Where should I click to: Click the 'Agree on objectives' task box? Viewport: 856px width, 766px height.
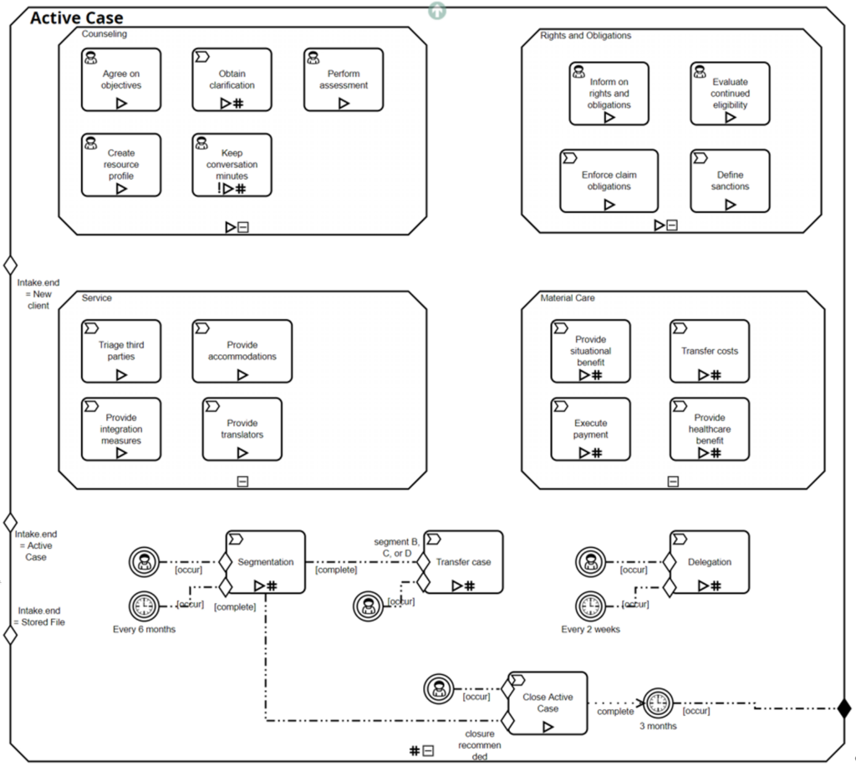(121, 79)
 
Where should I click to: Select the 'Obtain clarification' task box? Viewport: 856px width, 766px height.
(232, 79)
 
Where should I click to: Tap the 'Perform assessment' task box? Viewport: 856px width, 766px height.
(343, 79)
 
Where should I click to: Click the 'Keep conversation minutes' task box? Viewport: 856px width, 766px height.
(232, 165)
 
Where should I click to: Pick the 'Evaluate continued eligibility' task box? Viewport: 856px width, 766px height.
(730, 94)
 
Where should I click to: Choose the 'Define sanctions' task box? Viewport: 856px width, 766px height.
(730, 180)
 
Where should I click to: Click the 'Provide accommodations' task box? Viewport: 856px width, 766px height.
(242, 351)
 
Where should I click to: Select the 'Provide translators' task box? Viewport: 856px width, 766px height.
(242, 429)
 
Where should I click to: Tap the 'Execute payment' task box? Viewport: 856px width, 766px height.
(590, 429)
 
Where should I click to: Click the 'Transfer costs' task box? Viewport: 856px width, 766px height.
(710, 351)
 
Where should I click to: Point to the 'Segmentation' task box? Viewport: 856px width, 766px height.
(265, 562)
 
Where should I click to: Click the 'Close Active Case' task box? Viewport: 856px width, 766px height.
(548, 703)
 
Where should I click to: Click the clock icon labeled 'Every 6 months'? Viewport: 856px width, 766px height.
(144, 606)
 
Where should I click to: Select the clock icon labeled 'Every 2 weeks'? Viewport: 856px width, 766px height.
(590, 606)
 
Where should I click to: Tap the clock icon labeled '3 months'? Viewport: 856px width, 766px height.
(658, 703)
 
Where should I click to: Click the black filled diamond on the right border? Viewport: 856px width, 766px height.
(844, 709)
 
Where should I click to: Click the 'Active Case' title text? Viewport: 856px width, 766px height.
(76, 18)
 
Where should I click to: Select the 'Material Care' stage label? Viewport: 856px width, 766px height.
(568, 297)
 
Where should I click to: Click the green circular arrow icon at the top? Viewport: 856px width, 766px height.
(436, 10)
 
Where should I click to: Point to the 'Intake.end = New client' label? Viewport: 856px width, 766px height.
(38, 294)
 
